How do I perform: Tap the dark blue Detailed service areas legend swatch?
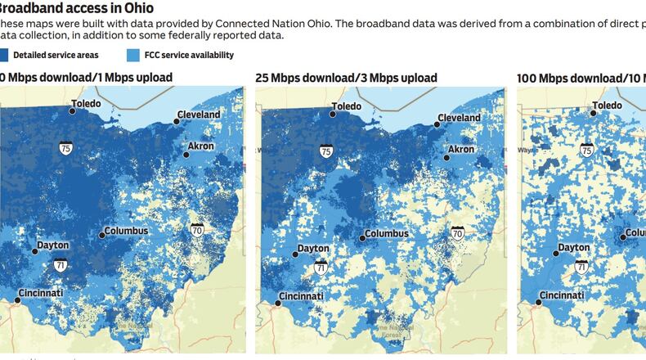click(x=2, y=56)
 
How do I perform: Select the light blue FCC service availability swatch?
click(x=133, y=56)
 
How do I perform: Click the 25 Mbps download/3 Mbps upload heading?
click(x=346, y=78)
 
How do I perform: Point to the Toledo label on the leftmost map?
click(x=86, y=104)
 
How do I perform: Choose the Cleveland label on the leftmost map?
click(x=200, y=115)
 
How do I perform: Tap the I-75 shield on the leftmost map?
click(x=65, y=147)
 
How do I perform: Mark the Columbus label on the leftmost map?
click(x=126, y=231)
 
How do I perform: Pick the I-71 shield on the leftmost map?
click(x=61, y=266)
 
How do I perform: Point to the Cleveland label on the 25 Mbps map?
click(x=459, y=118)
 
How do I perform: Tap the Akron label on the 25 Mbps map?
click(x=460, y=150)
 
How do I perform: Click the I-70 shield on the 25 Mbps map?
click(x=458, y=233)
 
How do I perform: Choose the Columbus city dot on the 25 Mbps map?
click(x=362, y=238)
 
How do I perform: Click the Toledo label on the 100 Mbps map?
click(x=608, y=106)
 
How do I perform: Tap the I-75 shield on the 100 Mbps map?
click(x=586, y=150)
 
